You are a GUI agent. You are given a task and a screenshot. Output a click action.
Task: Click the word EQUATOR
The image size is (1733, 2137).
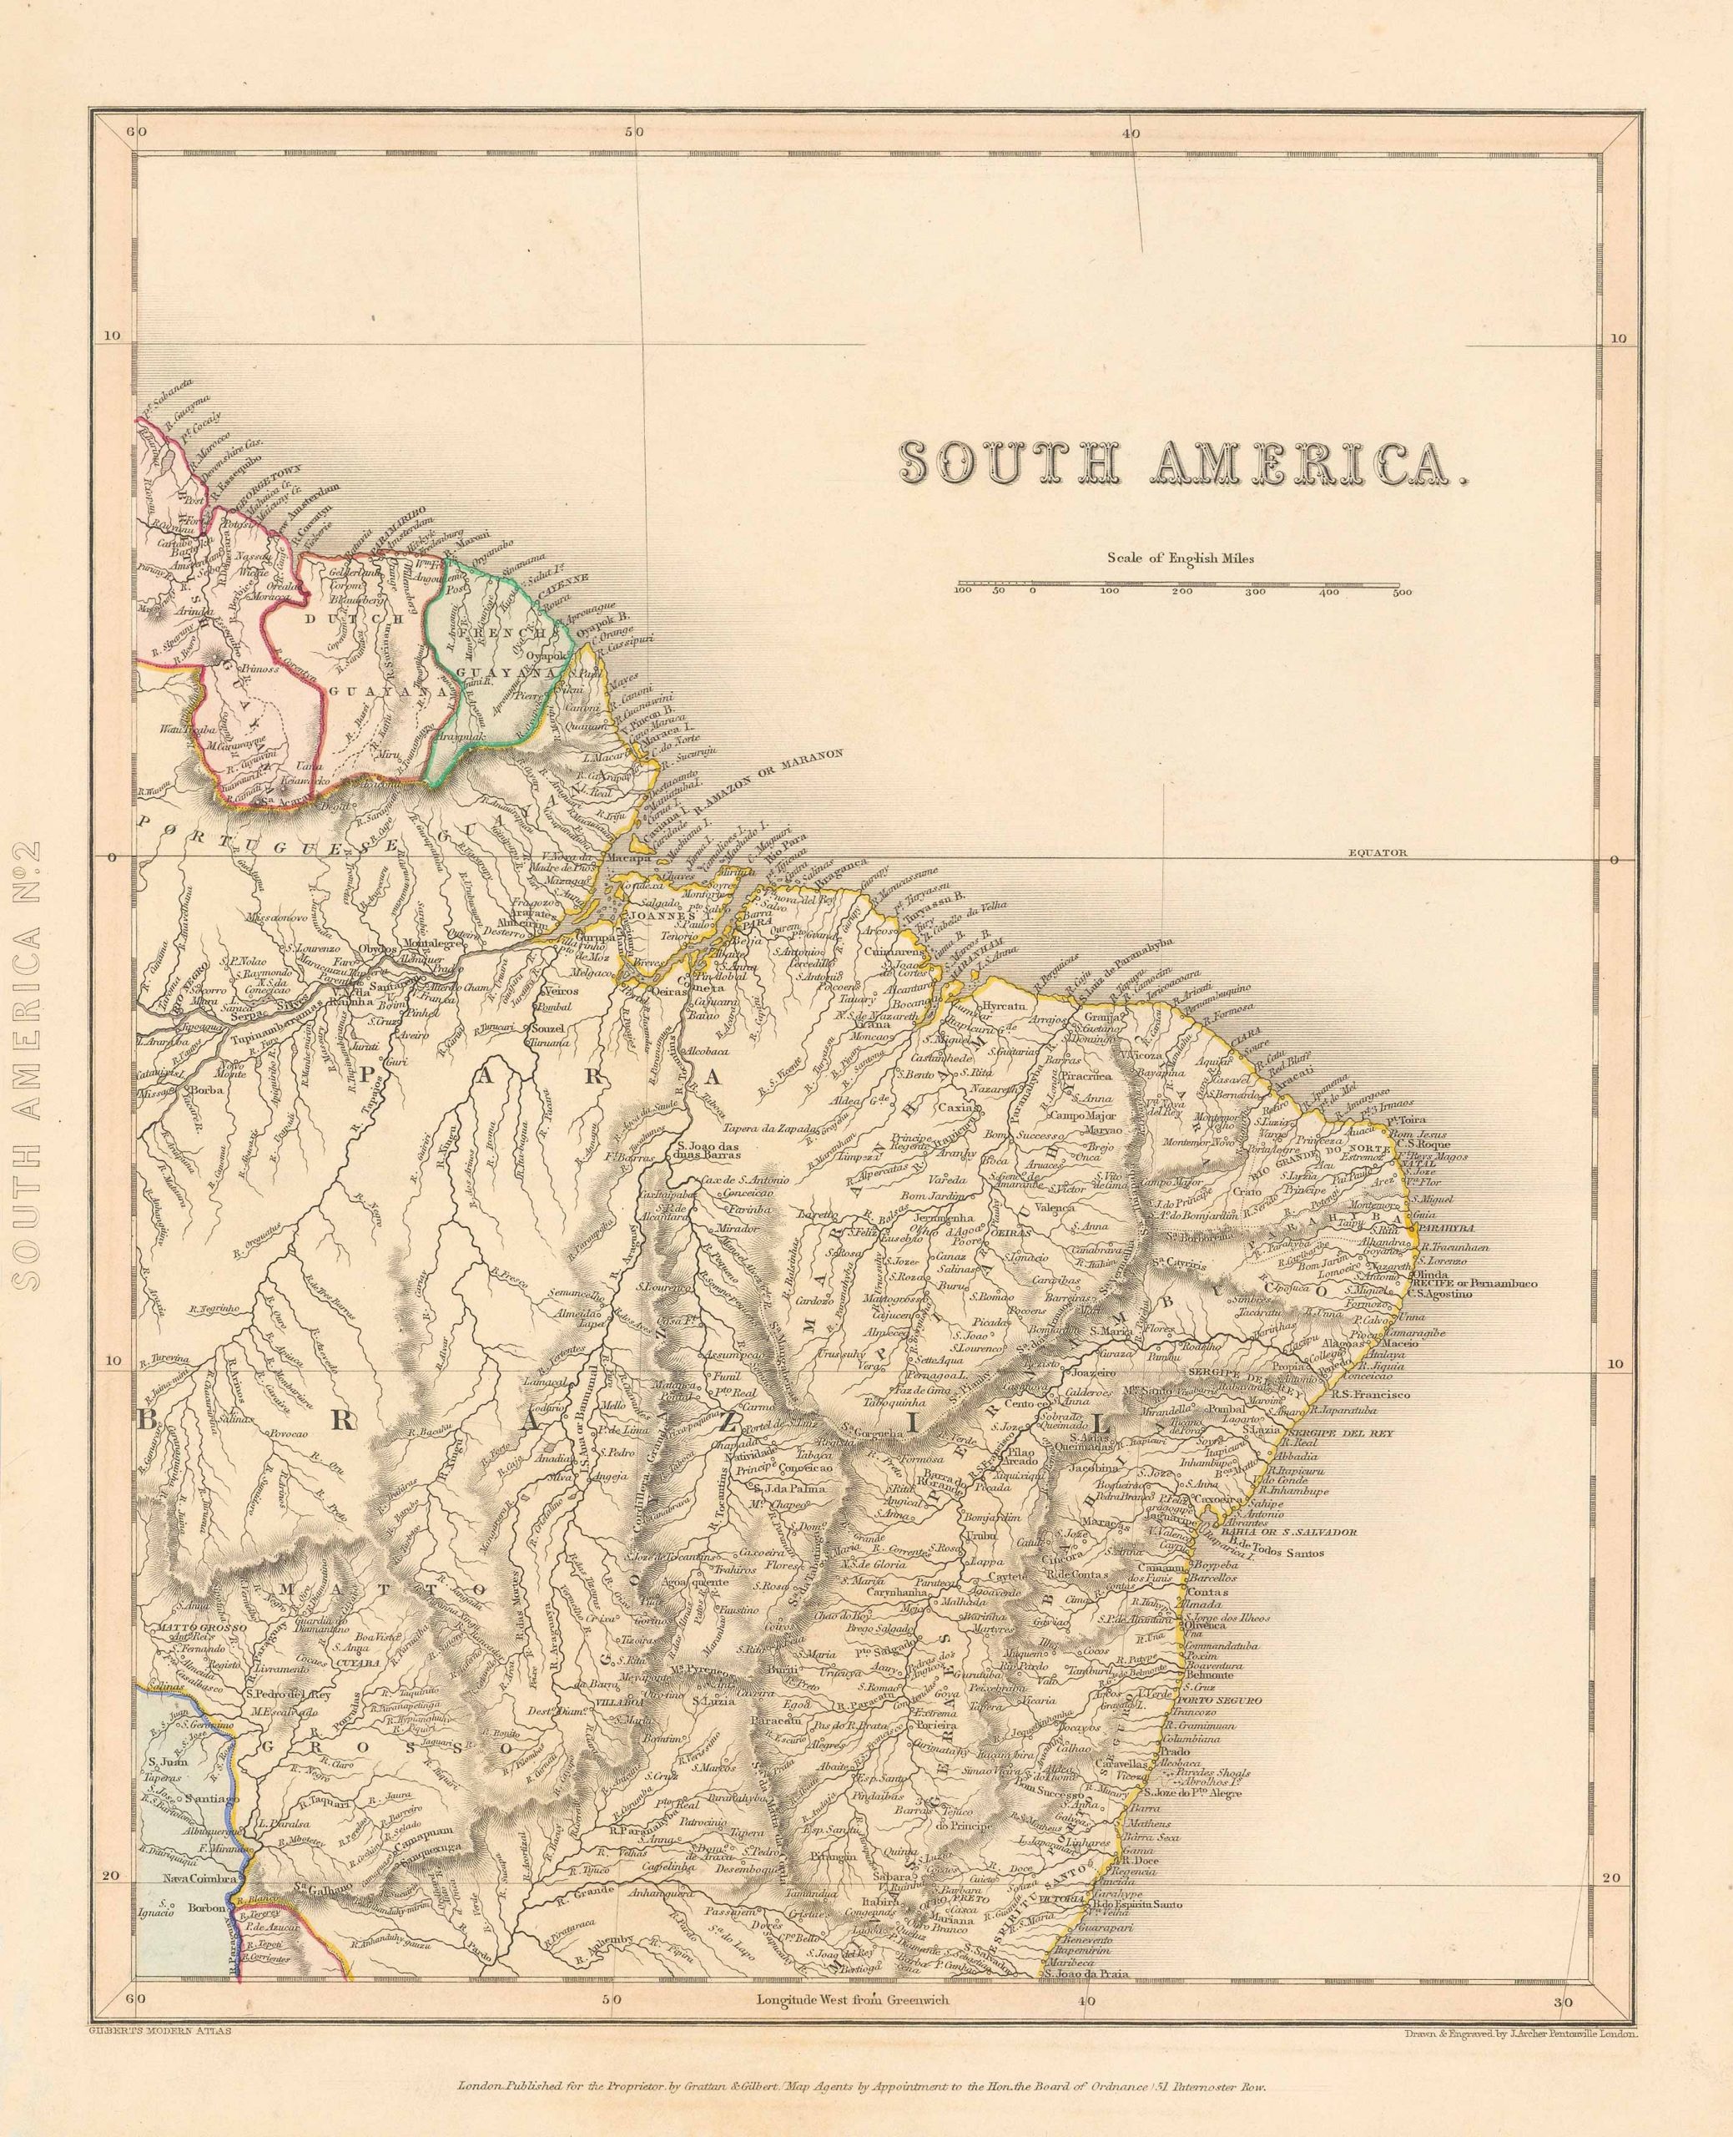(1377, 853)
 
